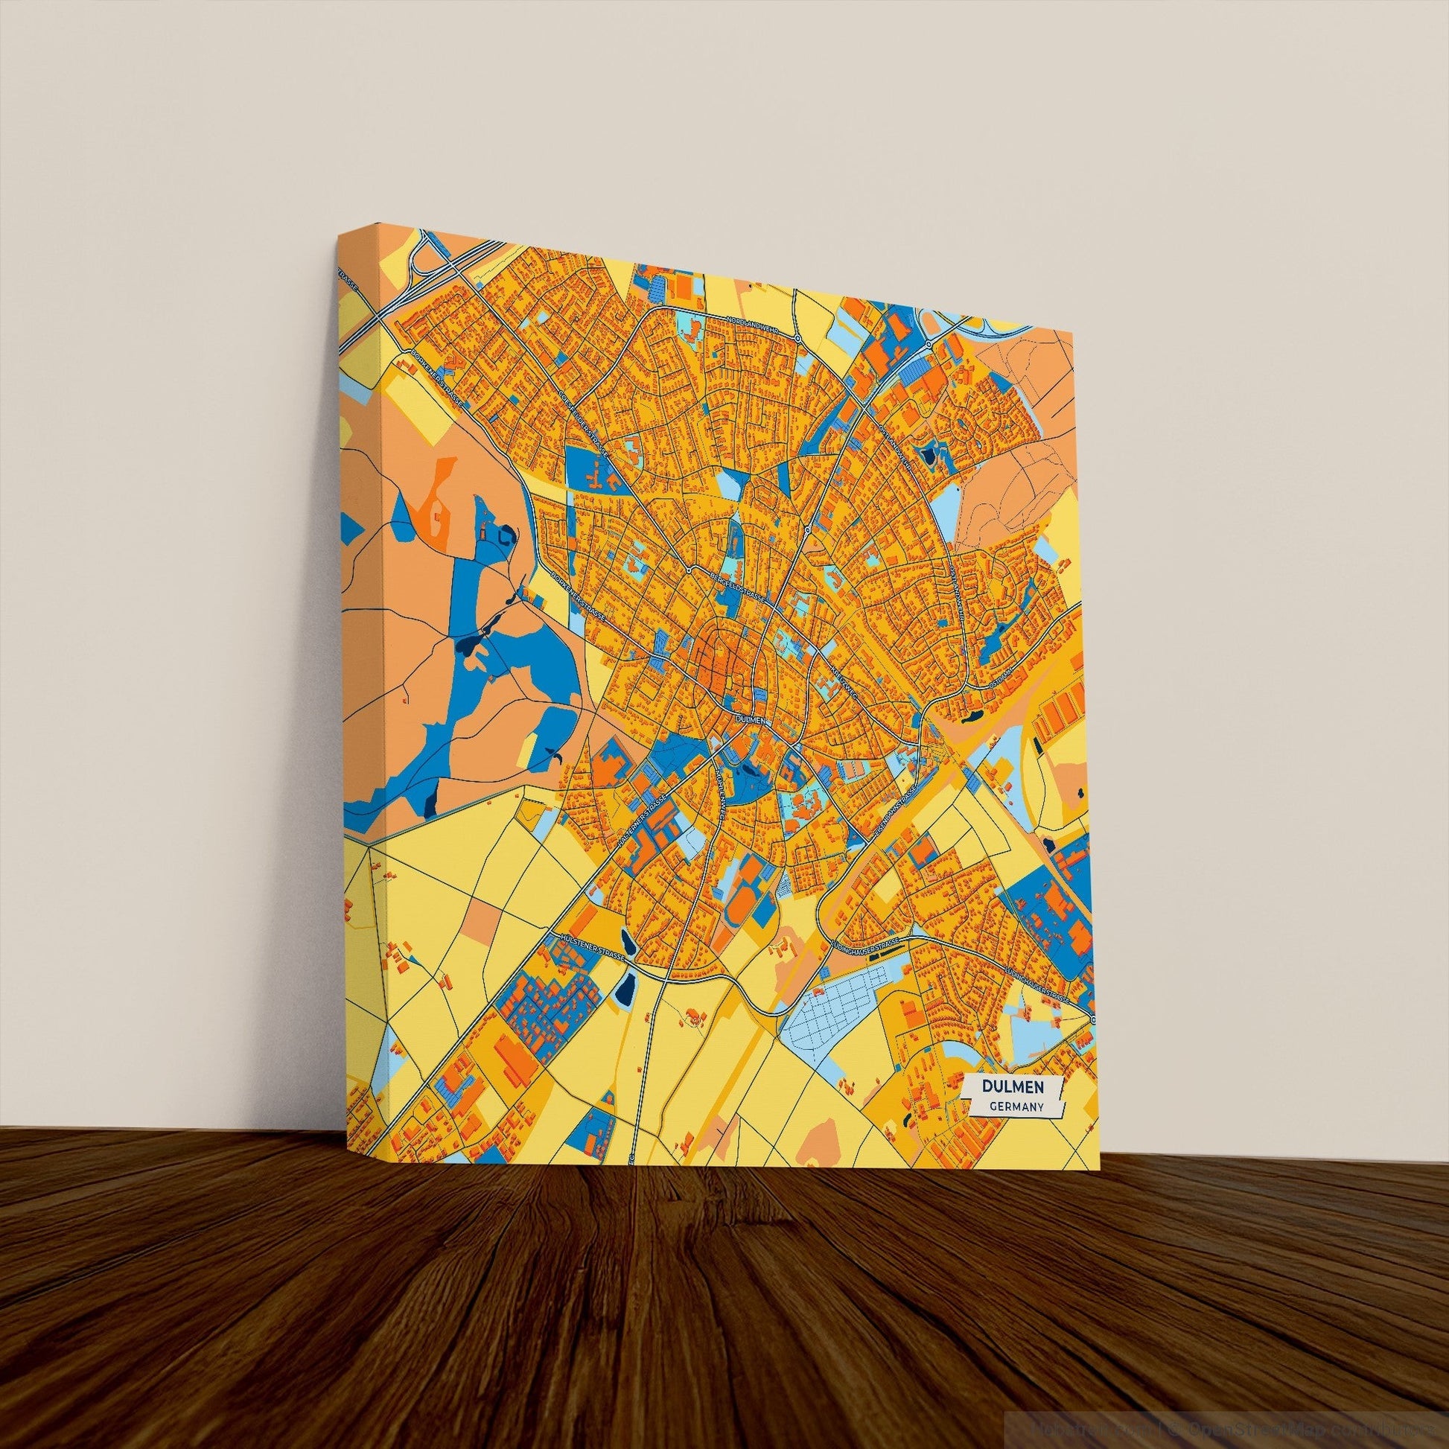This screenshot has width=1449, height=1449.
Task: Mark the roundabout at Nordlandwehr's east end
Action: coord(798,339)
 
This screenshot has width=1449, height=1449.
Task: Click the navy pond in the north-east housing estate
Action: coord(931,453)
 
